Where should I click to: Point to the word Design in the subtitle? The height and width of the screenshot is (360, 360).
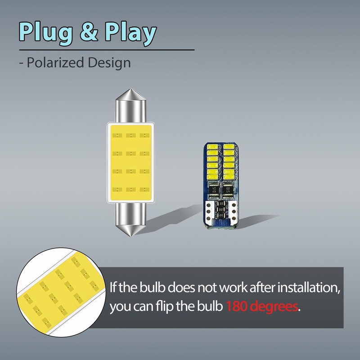tap(108, 62)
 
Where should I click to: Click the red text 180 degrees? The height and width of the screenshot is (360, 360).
tap(262, 307)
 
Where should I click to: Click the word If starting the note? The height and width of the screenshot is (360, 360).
tap(114, 287)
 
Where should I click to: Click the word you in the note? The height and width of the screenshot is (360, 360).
tap(120, 308)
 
